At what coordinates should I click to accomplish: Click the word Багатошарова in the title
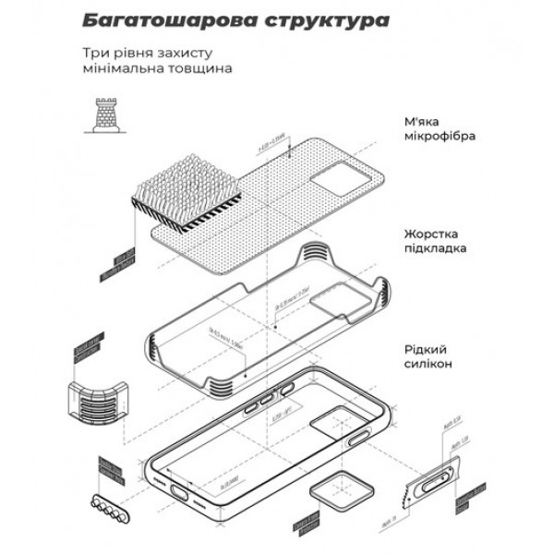pyautogui.click(x=152, y=19)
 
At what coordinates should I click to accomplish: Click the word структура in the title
pyautogui.click(x=314, y=19)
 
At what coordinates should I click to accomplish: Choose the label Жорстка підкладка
pyautogui.click(x=434, y=241)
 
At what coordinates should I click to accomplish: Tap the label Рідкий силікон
pyautogui.click(x=428, y=357)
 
